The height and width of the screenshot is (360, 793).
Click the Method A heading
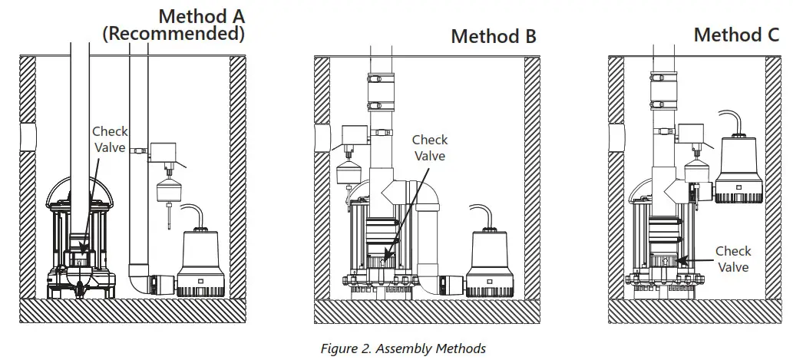(x=202, y=15)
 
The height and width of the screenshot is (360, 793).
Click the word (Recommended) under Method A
(x=173, y=34)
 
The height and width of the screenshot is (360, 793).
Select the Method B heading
(x=493, y=36)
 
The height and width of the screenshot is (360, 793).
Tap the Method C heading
(x=736, y=35)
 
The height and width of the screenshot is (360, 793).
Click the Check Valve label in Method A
(x=111, y=140)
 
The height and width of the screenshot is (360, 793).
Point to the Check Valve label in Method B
(x=430, y=147)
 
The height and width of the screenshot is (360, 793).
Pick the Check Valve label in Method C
(x=733, y=259)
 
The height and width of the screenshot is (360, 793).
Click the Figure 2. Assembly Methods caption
(x=403, y=348)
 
